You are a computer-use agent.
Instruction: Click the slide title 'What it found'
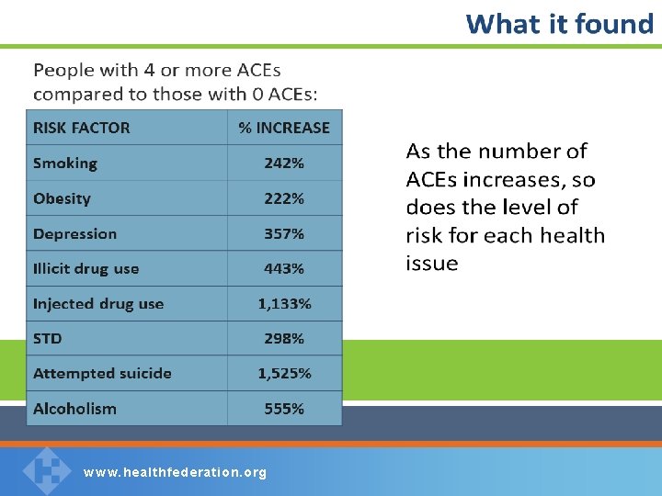tap(559, 24)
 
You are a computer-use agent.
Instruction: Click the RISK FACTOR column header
tap(81, 128)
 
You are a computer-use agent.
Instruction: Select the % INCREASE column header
tap(284, 128)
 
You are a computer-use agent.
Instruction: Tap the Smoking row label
tap(64, 163)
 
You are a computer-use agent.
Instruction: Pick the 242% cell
tap(284, 163)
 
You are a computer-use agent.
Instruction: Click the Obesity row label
tap(62, 198)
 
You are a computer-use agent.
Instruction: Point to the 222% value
tap(284, 198)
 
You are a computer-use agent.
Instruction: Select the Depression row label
tap(74, 233)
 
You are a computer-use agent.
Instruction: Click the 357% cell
tap(284, 233)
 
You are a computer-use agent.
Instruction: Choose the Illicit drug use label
tap(86, 269)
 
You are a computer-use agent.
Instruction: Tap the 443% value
tap(284, 269)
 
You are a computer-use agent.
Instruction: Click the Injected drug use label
tap(97, 304)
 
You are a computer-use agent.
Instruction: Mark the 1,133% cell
tap(284, 304)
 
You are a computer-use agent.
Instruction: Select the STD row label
tap(48, 339)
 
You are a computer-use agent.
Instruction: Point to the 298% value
tap(284, 339)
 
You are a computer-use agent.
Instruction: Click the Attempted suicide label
tap(102, 374)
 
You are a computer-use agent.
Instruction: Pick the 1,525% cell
tap(284, 374)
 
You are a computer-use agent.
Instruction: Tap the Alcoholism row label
tap(74, 409)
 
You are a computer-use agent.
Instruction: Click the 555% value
tap(284, 409)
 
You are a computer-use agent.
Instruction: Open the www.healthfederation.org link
tap(175, 473)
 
